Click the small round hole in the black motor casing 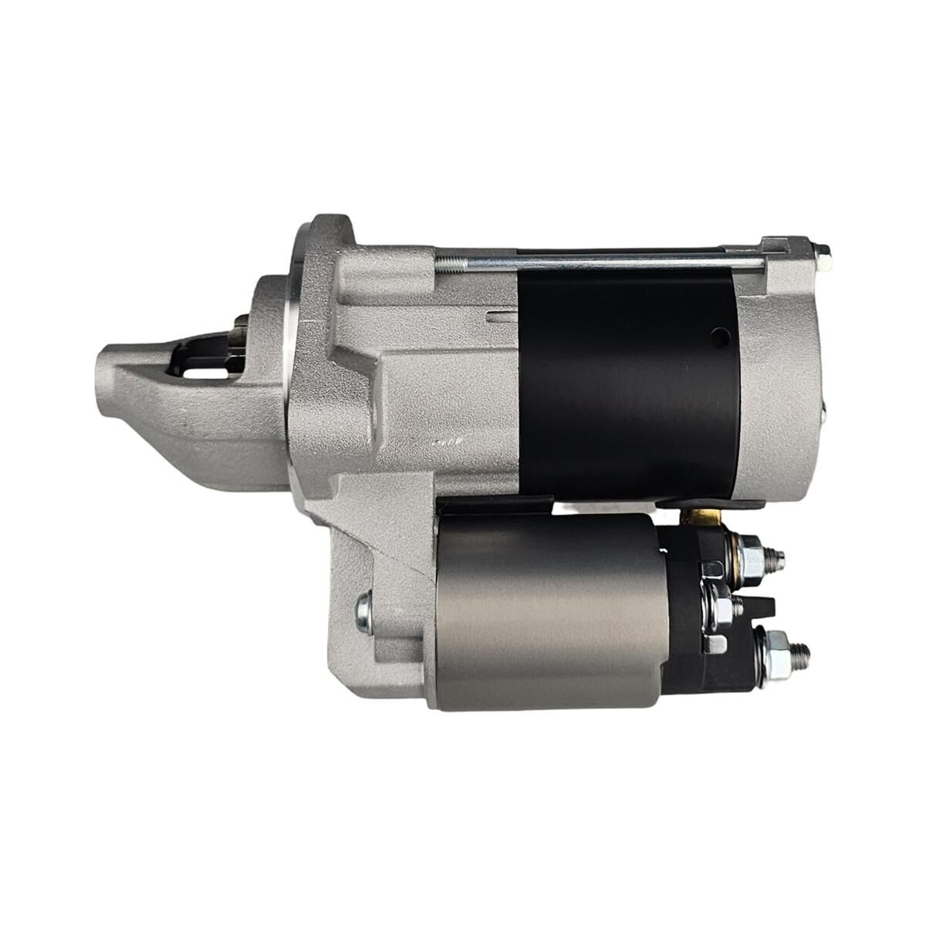click(x=719, y=336)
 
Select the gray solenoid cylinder click(x=548, y=610)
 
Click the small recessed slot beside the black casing click(x=502, y=315)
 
